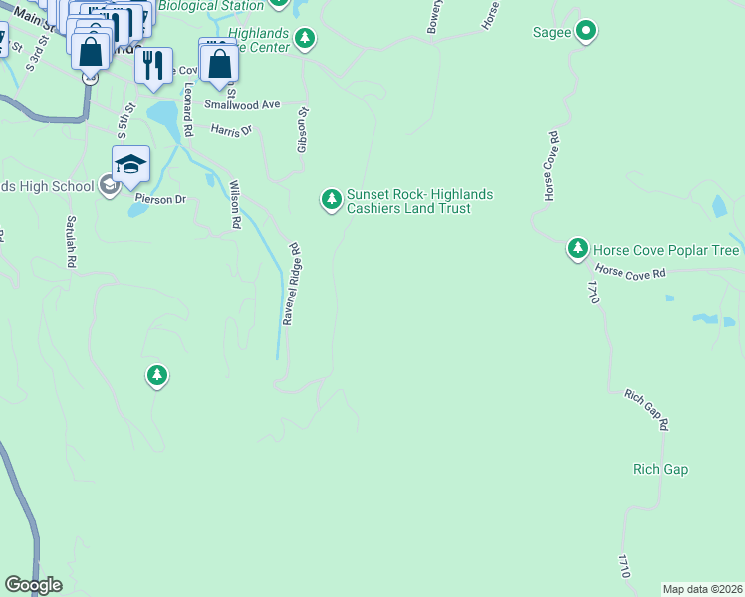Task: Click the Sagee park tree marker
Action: pyautogui.click(x=587, y=32)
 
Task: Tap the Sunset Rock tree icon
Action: pyautogui.click(x=331, y=200)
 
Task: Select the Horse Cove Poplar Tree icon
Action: pyautogui.click(x=577, y=248)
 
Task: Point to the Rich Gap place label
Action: pyautogui.click(x=660, y=469)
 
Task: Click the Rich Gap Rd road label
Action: pyautogui.click(x=646, y=409)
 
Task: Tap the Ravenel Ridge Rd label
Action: pyautogui.click(x=291, y=285)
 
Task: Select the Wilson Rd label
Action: pyautogui.click(x=235, y=204)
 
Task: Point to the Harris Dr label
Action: pyautogui.click(x=232, y=130)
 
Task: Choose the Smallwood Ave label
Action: pyautogui.click(x=243, y=105)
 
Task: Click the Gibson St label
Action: pyautogui.click(x=303, y=130)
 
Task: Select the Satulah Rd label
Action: pyautogui.click(x=71, y=242)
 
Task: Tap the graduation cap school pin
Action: pyautogui.click(x=130, y=164)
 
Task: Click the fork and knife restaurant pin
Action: pyautogui.click(x=152, y=65)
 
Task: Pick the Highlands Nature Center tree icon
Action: pyautogui.click(x=305, y=40)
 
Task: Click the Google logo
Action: pyautogui.click(x=33, y=585)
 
